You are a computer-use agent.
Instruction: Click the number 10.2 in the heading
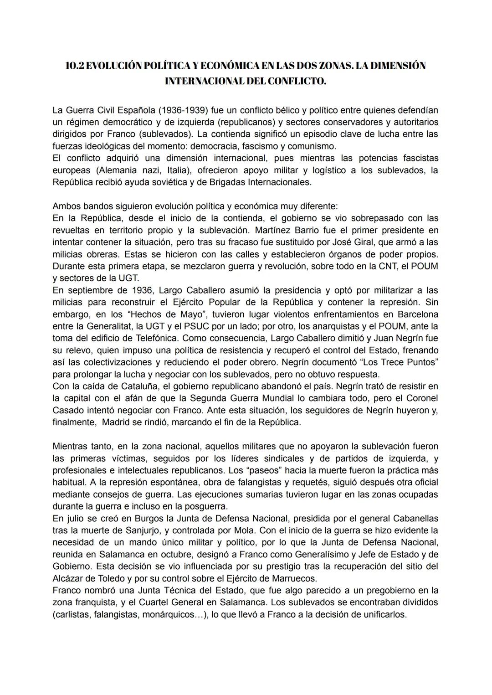click(x=75, y=66)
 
